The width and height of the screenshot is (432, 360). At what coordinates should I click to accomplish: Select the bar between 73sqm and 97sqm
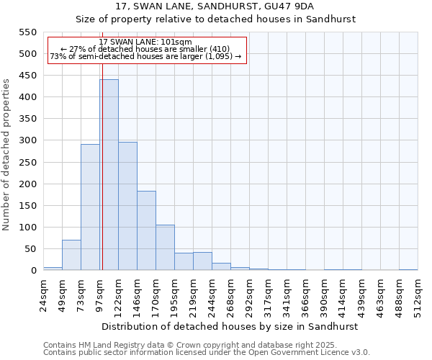(x=90, y=207)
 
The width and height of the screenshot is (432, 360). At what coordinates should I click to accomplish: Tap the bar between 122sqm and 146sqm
(x=127, y=206)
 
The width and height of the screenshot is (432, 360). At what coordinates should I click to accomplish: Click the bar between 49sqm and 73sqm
(x=71, y=256)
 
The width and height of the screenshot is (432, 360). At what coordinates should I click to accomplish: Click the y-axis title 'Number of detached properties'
(x=6, y=156)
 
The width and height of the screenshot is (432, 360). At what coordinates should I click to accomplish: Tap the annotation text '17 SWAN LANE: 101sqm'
(x=146, y=42)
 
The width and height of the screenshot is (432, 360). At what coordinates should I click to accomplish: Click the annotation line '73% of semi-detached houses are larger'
(x=146, y=57)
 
